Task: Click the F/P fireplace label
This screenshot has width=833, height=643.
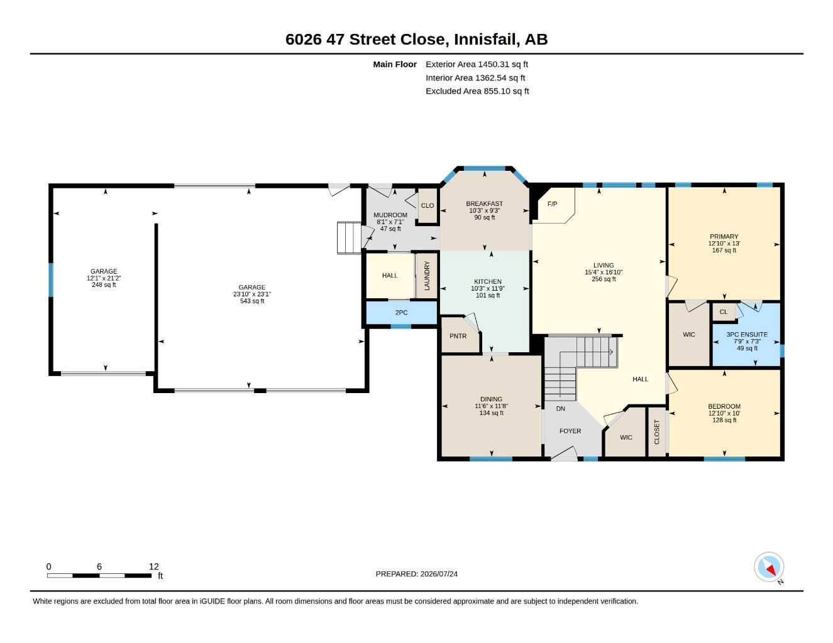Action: [x=552, y=204]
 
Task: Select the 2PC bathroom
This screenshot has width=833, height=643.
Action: [x=401, y=312]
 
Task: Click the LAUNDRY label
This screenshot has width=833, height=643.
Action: [x=427, y=276]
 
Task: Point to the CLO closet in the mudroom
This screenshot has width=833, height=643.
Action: [x=428, y=205]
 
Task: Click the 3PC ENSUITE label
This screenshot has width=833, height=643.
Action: [x=747, y=334]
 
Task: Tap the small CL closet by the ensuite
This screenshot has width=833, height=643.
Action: [x=724, y=312]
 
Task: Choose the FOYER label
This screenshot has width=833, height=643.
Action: [x=570, y=431]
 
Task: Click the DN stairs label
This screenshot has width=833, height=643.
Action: [x=560, y=409]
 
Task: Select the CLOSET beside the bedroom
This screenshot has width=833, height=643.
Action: [x=657, y=432]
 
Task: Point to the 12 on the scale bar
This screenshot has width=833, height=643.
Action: [x=154, y=566]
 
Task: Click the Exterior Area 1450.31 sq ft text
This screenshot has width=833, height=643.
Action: [x=477, y=64]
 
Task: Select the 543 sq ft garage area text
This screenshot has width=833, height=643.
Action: [x=252, y=301]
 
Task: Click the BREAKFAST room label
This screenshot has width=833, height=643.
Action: [x=484, y=203]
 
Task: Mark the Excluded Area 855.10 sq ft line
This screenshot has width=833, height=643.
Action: [x=477, y=91]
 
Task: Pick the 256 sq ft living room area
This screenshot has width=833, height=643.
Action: [x=604, y=279]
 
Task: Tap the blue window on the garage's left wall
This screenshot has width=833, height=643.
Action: [x=50, y=280]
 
